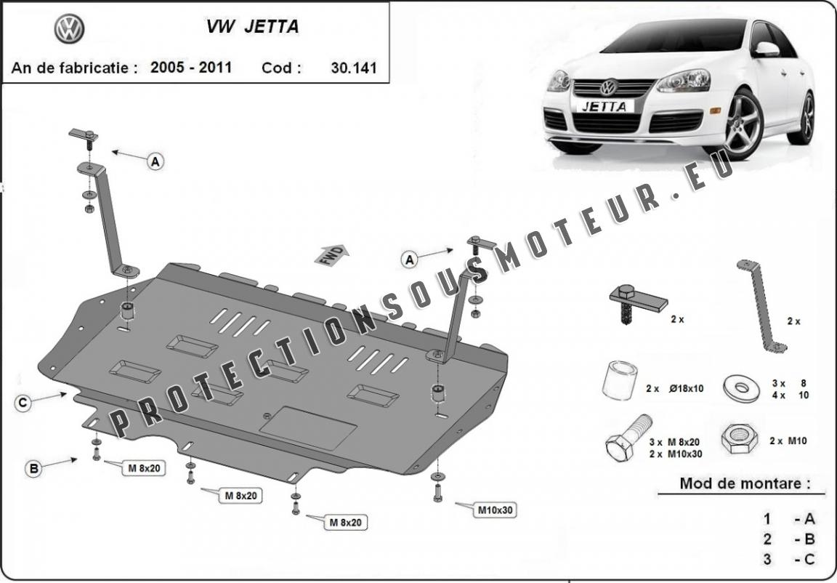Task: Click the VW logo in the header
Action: click(x=69, y=29)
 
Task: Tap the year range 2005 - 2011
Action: click(x=191, y=68)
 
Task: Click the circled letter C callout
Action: click(x=23, y=402)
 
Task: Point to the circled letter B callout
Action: click(x=33, y=469)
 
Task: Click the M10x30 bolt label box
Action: click(x=496, y=510)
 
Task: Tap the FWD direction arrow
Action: click(x=331, y=256)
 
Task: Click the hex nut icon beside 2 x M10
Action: click(x=738, y=438)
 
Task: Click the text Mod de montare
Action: click(x=744, y=483)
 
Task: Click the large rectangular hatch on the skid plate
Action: click(x=308, y=427)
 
